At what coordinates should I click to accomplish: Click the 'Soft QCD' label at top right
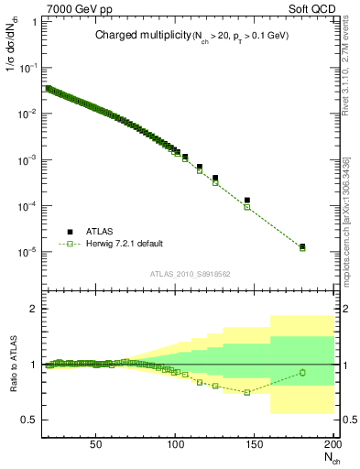pos(309,8)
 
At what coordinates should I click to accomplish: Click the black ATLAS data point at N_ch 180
pos(302,245)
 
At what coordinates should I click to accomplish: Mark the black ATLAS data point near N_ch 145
pos(247,200)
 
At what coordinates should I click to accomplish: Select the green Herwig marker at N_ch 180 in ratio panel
pos(302,372)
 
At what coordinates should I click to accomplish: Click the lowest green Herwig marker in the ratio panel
pos(247,392)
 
